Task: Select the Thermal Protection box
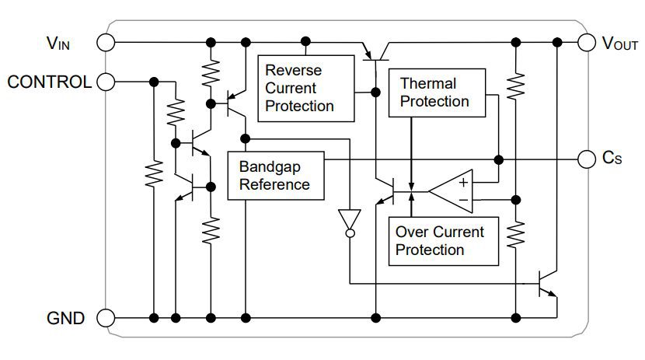(437, 93)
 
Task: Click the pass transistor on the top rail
(376, 53)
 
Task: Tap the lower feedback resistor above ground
(515, 231)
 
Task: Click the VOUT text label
(619, 43)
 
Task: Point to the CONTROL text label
(49, 82)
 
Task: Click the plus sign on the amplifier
(462, 183)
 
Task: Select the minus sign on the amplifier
(462, 200)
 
